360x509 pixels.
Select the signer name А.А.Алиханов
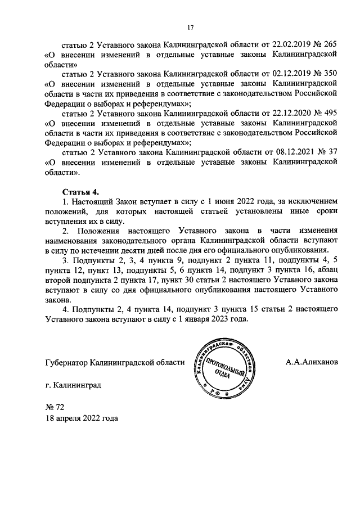312,362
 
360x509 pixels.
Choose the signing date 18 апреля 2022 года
82,418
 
